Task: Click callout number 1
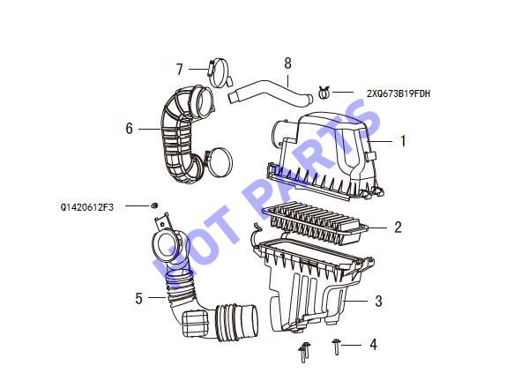pyautogui.click(x=403, y=141)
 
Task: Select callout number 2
pyautogui.click(x=399, y=228)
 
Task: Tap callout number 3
pyautogui.click(x=378, y=301)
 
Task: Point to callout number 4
pyautogui.click(x=373, y=345)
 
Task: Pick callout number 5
pyautogui.click(x=138, y=298)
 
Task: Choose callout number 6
pyautogui.click(x=130, y=129)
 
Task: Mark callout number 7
pyautogui.click(x=180, y=69)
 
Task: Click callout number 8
pyautogui.click(x=287, y=63)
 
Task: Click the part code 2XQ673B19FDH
pyautogui.click(x=399, y=93)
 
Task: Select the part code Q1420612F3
pyautogui.click(x=87, y=207)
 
